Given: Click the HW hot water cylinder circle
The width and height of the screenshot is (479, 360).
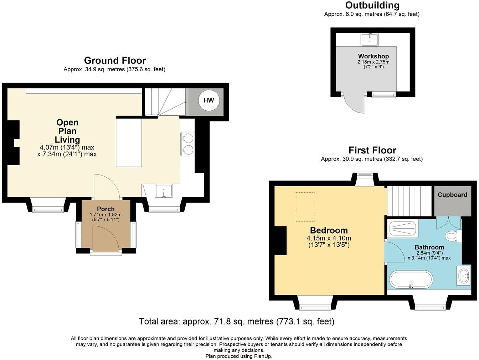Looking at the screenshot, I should (209, 100).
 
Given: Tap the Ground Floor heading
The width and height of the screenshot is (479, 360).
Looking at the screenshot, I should (115, 60).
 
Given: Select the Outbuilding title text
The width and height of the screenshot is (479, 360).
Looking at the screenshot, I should (372, 5).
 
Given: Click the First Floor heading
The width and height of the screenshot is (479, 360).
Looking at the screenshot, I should (372, 150).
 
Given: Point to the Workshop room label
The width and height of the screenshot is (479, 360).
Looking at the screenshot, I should (373, 56).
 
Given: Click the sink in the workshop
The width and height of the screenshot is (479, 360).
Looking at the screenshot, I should (370, 39).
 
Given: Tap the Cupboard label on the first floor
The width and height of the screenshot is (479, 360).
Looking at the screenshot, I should (452, 195).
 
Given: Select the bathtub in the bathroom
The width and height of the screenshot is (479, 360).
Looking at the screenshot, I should (411, 280).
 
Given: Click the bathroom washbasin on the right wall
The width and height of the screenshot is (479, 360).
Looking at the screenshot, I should (464, 276).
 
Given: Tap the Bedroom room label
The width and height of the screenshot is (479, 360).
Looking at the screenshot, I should (329, 230).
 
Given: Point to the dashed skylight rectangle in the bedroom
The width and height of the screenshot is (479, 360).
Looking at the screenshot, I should (305, 207).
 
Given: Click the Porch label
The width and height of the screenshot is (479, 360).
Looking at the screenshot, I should (106, 209).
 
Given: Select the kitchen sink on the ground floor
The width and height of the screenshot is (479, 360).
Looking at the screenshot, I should (164, 191).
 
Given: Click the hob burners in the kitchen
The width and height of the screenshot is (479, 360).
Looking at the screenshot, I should (188, 144).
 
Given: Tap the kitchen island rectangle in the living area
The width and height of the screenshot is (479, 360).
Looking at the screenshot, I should (129, 142).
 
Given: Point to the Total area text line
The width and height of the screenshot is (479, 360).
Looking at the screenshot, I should (237, 322).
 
